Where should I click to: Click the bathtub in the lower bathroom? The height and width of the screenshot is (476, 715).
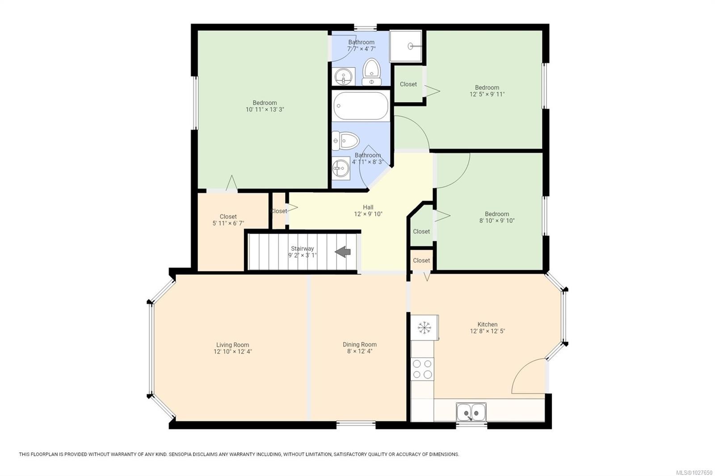tap(360, 105)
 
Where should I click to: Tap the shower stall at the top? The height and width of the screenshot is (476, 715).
tap(405, 46)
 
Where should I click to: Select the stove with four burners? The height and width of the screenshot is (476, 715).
tap(422, 369)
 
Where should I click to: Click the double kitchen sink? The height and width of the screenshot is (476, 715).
tap(471, 411)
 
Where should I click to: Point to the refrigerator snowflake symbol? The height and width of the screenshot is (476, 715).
tap(424, 328)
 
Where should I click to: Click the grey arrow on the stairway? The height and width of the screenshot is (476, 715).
tap(343, 252)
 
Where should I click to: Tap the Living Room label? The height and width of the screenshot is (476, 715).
tap(232, 345)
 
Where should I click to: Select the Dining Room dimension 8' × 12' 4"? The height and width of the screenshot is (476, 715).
tap(359, 351)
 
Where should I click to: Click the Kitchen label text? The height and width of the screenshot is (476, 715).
tap(487, 325)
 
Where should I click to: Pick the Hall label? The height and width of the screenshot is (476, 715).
tap(368, 207)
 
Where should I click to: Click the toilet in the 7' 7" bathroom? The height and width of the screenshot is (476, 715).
tap(371, 72)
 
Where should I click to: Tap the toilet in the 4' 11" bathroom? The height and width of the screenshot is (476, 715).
tap(345, 141)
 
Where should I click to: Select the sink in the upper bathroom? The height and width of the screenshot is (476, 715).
tap(344, 77)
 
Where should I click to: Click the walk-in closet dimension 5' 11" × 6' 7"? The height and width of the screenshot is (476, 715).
tap(228, 223)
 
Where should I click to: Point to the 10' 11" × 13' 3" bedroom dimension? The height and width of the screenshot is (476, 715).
tap(265, 109)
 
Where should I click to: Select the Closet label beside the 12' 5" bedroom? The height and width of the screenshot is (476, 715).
tap(408, 84)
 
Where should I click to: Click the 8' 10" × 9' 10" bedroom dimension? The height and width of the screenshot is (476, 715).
tap(497, 221)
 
